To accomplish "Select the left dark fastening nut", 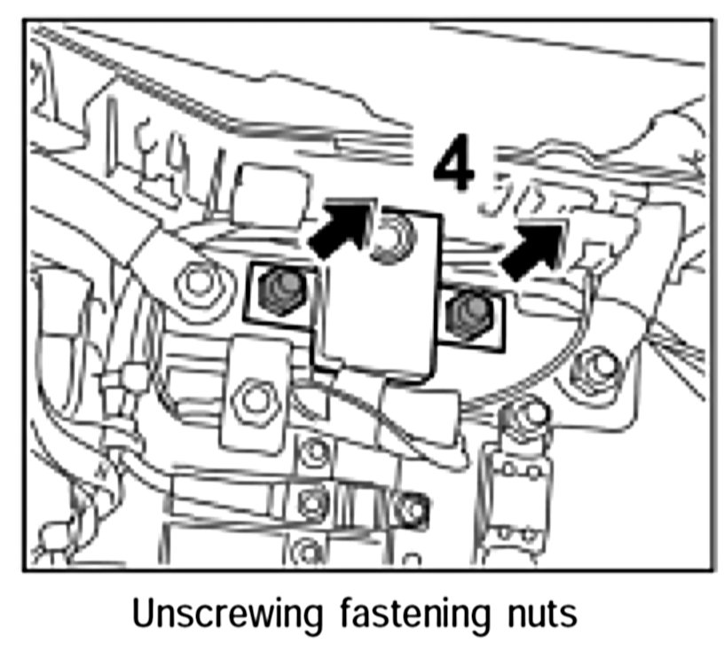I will pyautogui.click(x=279, y=290).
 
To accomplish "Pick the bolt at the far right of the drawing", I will pyautogui.click(x=595, y=366).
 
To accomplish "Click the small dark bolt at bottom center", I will pyautogui.click(x=410, y=508).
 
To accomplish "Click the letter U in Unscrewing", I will pyautogui.click(x=142, y=613).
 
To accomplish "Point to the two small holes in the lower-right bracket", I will pyautogui.click(x=516, y=533).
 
